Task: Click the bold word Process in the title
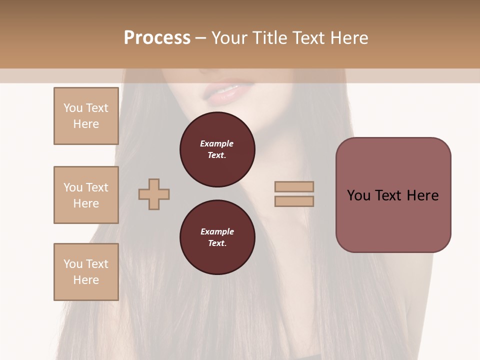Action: tap(157, 38)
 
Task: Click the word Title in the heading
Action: tap(269, 38)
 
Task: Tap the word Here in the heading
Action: tap(348, 38)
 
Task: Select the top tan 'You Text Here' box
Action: tap(86, 116)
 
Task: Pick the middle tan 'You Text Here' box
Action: tap(86, 195)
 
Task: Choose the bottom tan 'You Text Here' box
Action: tap(86, 271)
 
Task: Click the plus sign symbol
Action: tap(154, 194)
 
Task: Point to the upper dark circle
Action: tap(217, 149)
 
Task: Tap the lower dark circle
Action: tap(217, 237)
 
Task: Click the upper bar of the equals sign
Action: tap(294, 186)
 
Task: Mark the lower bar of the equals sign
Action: tap(294, 201)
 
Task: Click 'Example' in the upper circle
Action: tap(217, 143)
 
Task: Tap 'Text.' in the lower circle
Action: tap(217, 243)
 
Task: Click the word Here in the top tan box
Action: tap(86, 124)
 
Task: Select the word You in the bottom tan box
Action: tap(73, 264)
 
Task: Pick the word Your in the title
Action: tap(230, 38)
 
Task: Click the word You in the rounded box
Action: tap(358, 195)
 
